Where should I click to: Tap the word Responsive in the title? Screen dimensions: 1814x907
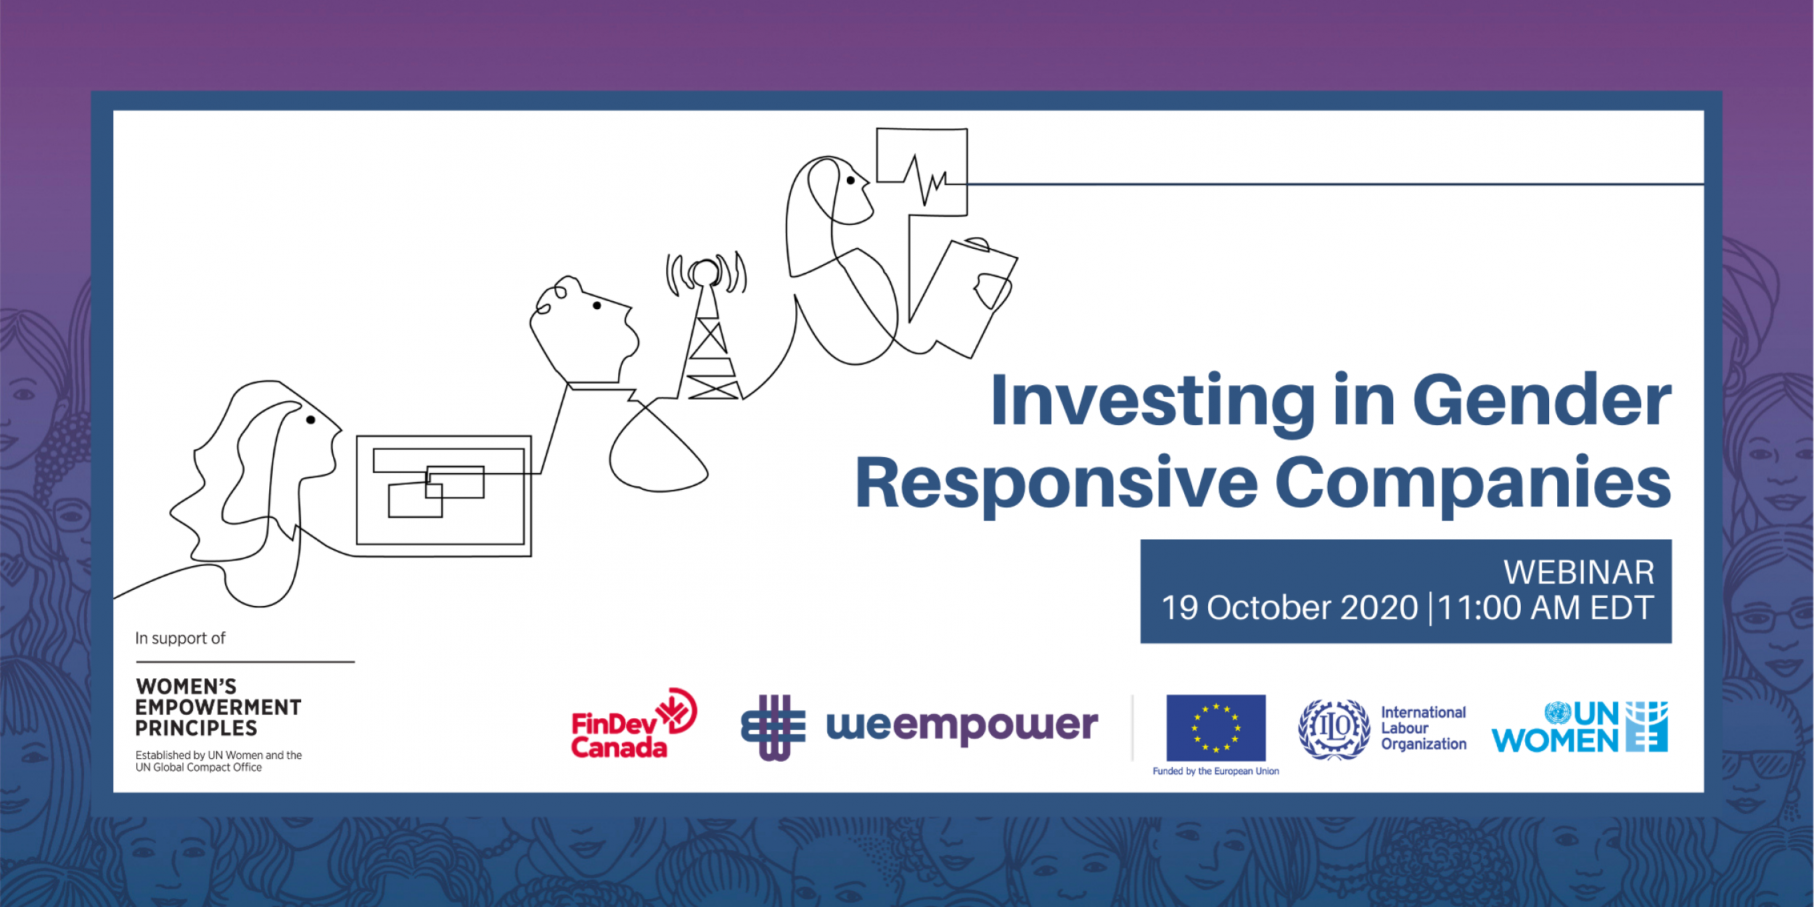1056,485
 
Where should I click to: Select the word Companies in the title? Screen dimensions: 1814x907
1474,485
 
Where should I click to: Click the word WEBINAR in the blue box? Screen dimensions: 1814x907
1579,572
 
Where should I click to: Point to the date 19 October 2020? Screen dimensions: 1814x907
1289,608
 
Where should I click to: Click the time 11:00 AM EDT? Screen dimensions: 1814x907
1546,608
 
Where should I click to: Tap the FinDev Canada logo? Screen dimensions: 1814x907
633,723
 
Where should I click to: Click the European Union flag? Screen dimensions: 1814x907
1216,728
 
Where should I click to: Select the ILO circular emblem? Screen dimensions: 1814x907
1334,729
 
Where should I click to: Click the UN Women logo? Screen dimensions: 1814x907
1580,726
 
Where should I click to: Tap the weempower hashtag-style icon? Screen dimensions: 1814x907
773,728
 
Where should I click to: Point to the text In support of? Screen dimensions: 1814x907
180,639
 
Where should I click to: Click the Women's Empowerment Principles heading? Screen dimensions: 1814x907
218,707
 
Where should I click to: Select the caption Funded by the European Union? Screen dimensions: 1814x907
1216,771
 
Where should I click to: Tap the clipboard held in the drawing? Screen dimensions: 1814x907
963,297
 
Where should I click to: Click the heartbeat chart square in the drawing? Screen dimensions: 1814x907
922,173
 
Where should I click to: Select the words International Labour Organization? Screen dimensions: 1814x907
1424,729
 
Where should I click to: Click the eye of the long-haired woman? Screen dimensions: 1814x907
311,420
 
